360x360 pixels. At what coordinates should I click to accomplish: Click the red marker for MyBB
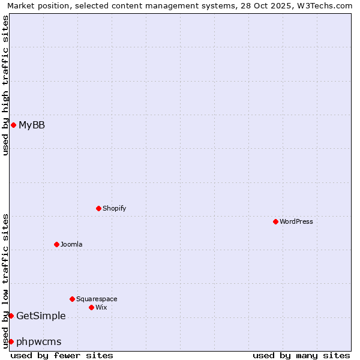click(13, 125)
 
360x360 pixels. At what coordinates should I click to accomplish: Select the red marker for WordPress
click(275, 221)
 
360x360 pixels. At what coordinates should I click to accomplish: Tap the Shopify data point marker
click(98, 208)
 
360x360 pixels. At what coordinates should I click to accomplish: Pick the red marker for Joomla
click(56, 244)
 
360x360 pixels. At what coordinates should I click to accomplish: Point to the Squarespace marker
click(72, 299)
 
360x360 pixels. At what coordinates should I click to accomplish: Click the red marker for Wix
click(91, 307)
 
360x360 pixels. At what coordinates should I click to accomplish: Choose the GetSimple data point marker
click(11, 316)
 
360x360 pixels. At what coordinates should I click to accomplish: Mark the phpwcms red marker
click(11, 341)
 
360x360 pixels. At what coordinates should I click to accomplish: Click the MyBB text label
click(32, 125)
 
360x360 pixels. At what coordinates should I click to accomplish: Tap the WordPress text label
click(296, 221)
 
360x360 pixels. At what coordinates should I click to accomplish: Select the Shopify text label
click(115, 208)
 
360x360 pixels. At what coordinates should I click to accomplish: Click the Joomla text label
click(71, 244)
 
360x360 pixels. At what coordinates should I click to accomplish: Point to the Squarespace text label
click(97, 299)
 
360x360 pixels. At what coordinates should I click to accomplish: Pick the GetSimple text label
click(41, 316)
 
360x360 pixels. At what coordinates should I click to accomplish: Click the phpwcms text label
click(39, 341)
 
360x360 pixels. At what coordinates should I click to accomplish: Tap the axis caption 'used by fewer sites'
click(62, 355)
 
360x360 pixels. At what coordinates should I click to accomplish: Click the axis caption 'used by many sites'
click(301, 355)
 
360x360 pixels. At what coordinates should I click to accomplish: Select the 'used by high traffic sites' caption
click(5, 85)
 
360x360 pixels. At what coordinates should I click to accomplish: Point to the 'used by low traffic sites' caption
click(5, 281)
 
